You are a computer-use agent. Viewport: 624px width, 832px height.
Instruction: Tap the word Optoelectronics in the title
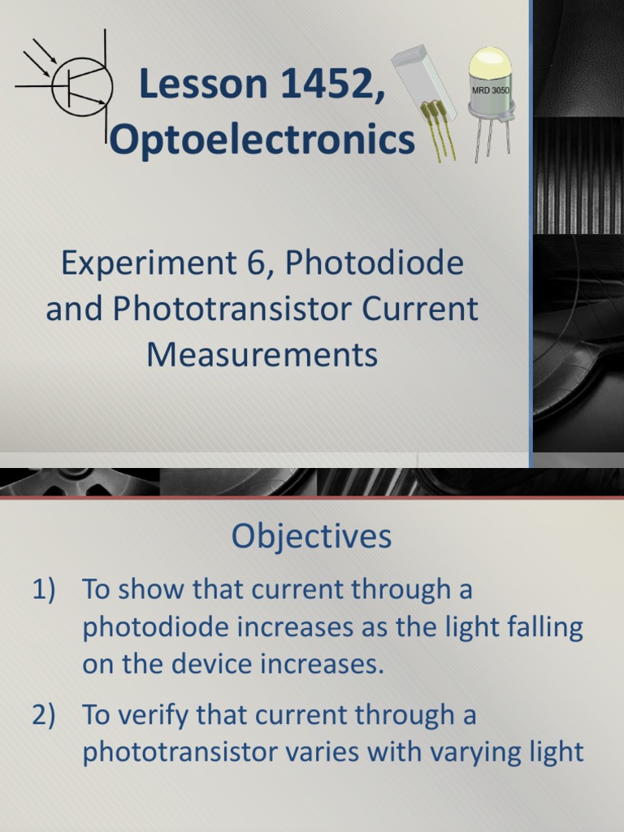pyautogui.click(x=262, y=140)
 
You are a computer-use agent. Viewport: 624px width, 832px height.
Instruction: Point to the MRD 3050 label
pyautogui.click(x=490, y=90)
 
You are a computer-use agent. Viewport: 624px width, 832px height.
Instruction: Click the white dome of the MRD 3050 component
pyautogui.click(x=491, y=63)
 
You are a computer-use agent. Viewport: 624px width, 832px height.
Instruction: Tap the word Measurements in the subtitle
pyautogui.click(x=262, y=355)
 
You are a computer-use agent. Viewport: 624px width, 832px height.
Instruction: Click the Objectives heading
pyautogui.click(x=311, y=536)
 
